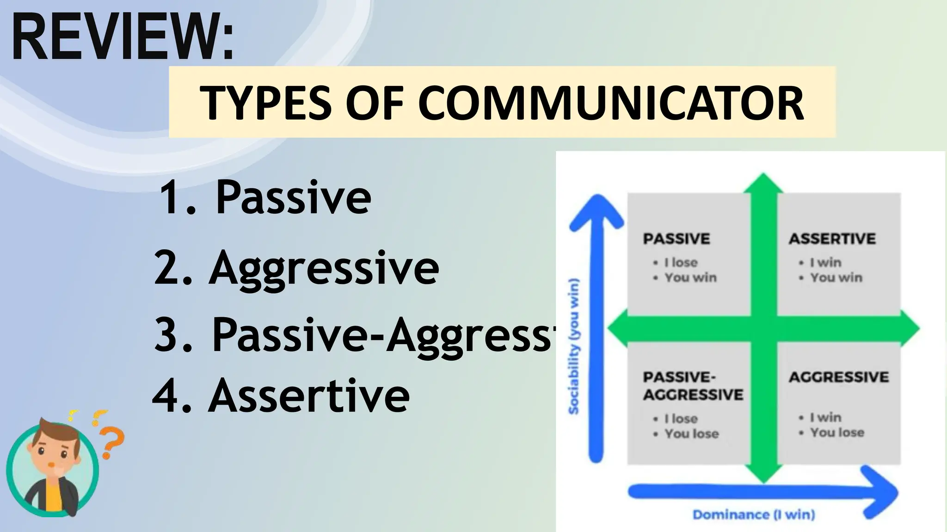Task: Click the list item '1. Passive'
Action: point(264,197)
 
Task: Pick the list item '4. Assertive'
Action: point(281,395)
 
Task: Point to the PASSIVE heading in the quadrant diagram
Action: point(676,239)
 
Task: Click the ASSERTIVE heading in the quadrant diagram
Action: point(832,239)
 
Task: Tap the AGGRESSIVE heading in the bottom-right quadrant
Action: point(838,377)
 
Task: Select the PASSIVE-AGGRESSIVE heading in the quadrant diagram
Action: point(692,386)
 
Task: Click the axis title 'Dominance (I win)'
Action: point(754,514)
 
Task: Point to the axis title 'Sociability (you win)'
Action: point(573,346)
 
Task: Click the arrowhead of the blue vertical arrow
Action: point(596,210)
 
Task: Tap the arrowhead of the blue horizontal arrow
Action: point(881,492)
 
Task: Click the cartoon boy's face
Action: point(52,450)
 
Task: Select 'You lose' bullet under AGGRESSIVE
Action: point(837,433)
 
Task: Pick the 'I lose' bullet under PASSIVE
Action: point(681,262)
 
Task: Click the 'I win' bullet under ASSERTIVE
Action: point(825,262)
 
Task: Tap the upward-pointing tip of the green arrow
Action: point(763,177)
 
